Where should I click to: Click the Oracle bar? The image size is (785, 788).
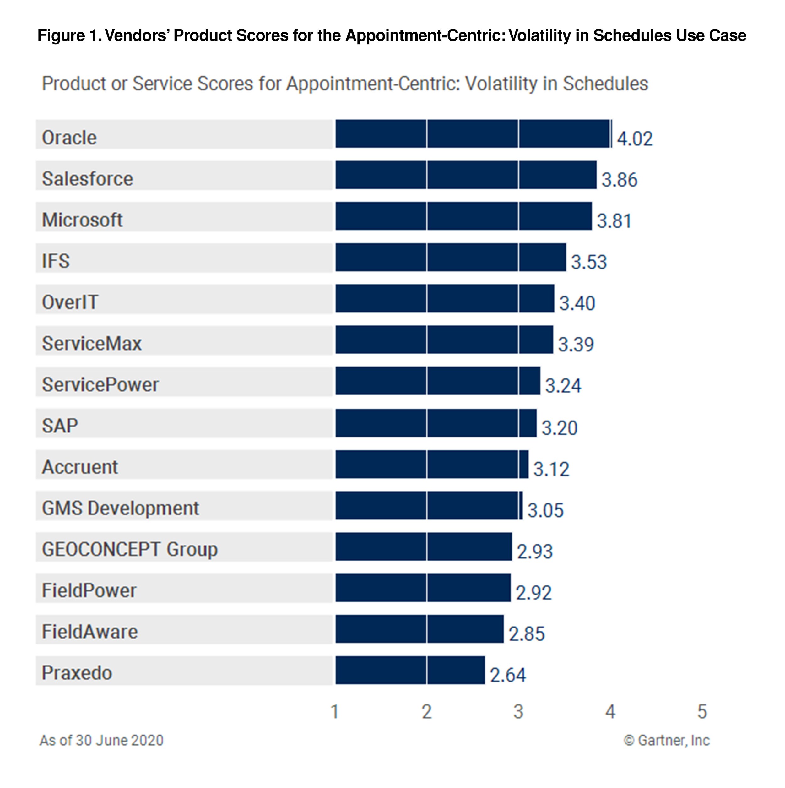(x=473, y=134)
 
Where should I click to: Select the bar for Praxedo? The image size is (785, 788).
(x=410, y=670)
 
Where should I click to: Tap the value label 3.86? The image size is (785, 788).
(x=619, y=180)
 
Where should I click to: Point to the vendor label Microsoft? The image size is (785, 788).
(x=82, y=220)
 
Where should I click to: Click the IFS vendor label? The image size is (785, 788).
(x=56, y=261)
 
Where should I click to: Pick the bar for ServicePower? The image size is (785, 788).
(x=438, y=381)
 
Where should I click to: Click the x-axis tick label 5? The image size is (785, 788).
(x=701, y=712)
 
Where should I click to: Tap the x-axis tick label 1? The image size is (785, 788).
(x=335, y=712)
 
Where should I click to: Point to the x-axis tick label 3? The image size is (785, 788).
(x=518, y=712)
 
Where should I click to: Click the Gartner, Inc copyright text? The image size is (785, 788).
(x=666, y=740)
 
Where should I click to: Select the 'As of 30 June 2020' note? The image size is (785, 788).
(x=101, y=740)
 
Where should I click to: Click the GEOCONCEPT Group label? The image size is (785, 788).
(x=130, y=549)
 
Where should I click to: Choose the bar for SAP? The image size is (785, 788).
(x=436, y=423)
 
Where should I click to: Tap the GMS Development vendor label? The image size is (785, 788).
(x=120, y=508)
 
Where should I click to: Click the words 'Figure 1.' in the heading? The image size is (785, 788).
(x=69, y=36)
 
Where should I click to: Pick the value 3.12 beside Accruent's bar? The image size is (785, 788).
(x=551, y=469)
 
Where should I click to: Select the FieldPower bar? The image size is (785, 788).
(x=423, y=588)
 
